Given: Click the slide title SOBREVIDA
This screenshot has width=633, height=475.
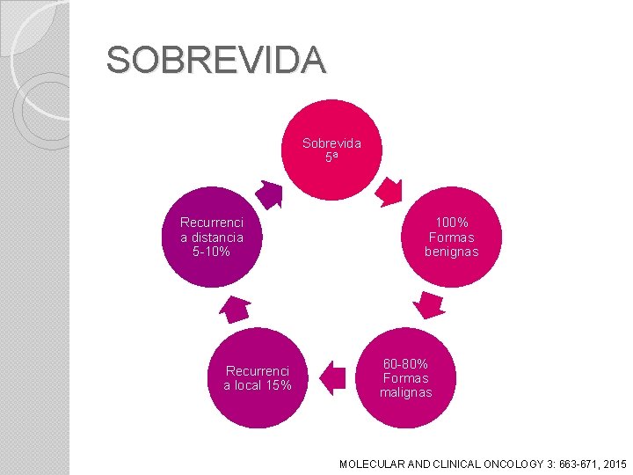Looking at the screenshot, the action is (215, 60).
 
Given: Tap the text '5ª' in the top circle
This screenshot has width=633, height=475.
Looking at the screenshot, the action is (331, 157).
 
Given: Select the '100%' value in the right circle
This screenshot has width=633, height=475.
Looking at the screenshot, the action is (452, 223).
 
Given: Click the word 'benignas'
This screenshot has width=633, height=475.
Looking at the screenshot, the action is (452, 252).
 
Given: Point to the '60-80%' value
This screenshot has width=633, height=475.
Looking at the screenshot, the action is (405, 363).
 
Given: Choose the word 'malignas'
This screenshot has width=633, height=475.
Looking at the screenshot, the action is (405, 392).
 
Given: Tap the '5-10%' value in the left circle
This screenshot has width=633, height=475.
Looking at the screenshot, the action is (211, 252).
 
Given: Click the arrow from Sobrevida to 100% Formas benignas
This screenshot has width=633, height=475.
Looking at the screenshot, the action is (388, 189).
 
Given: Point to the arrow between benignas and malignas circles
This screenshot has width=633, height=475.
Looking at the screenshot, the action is (429, 304).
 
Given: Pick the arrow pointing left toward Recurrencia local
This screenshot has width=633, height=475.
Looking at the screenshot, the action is (331, 378).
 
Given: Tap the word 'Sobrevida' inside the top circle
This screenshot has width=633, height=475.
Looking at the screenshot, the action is (331, 142).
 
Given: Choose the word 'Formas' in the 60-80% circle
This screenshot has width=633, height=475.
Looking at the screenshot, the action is (405, 378).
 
